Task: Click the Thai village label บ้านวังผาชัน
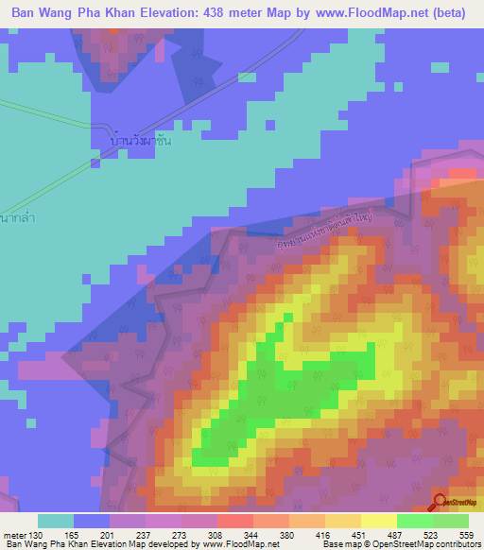(x=142, y=140)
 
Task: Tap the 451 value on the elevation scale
(x=358, y=534)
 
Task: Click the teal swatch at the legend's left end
(x=56, y=521)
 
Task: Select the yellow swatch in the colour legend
(x=379, y=521)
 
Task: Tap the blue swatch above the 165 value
(x=92, y=521)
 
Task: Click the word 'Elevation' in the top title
(x=155, y=13)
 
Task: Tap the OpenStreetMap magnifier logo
(x=441, y=503)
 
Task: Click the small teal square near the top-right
(x=439, y=68)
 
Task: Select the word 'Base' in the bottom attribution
(x=334, y=545)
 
